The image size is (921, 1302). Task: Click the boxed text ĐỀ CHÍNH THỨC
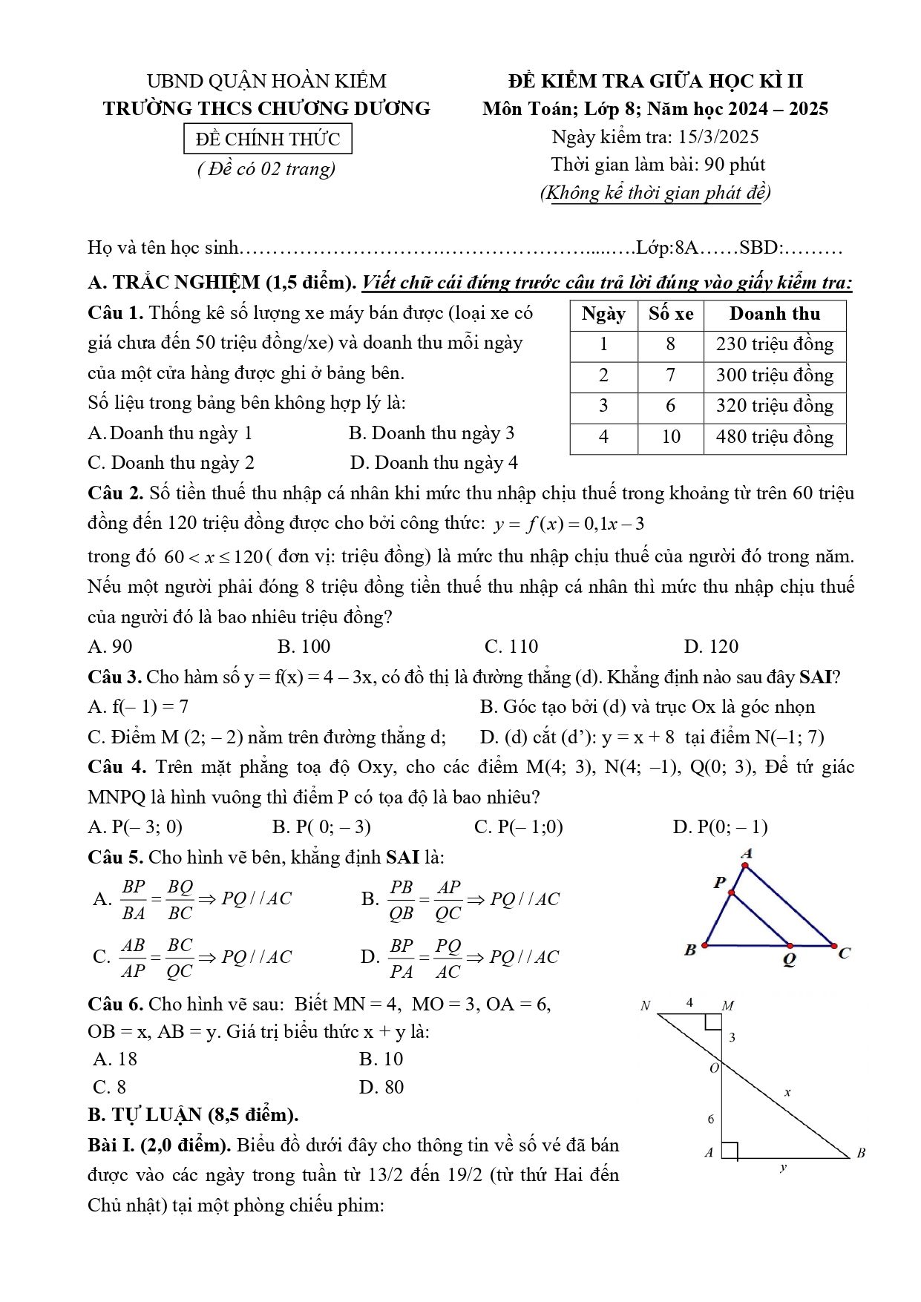click(x=267, y=139)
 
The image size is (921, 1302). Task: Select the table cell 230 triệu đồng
click(x=774, y=344)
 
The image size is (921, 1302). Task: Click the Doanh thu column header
click(x=774, y=314)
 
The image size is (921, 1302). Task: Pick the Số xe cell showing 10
click(x=670, y=437)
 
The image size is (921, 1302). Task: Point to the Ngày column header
click(x=603, y=314)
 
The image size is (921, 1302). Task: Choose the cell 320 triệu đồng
click(x=774, y=406)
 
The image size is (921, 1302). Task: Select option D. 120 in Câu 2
click(x=711, y=646)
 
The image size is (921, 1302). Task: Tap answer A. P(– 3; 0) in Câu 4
click(x=135, y=826)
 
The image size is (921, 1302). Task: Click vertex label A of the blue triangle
click(x=747, y=854)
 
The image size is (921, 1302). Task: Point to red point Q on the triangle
click(x=790, y=946)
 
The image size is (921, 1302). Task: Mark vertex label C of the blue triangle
click(x=844, y=953)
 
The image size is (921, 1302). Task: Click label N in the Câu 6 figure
click(x=645, y=1006)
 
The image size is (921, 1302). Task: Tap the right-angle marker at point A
click(x=730, y=1151)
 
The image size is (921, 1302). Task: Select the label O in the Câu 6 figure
click(x=714, y=1068)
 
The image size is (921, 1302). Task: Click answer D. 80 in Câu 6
click(x=381, y=1087)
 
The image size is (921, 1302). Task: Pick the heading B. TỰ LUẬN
click(x=193, y=1114)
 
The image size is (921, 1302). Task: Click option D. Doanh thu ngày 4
click(x=434, y=463)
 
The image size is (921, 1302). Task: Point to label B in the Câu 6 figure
click(x=861, y=1153)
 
